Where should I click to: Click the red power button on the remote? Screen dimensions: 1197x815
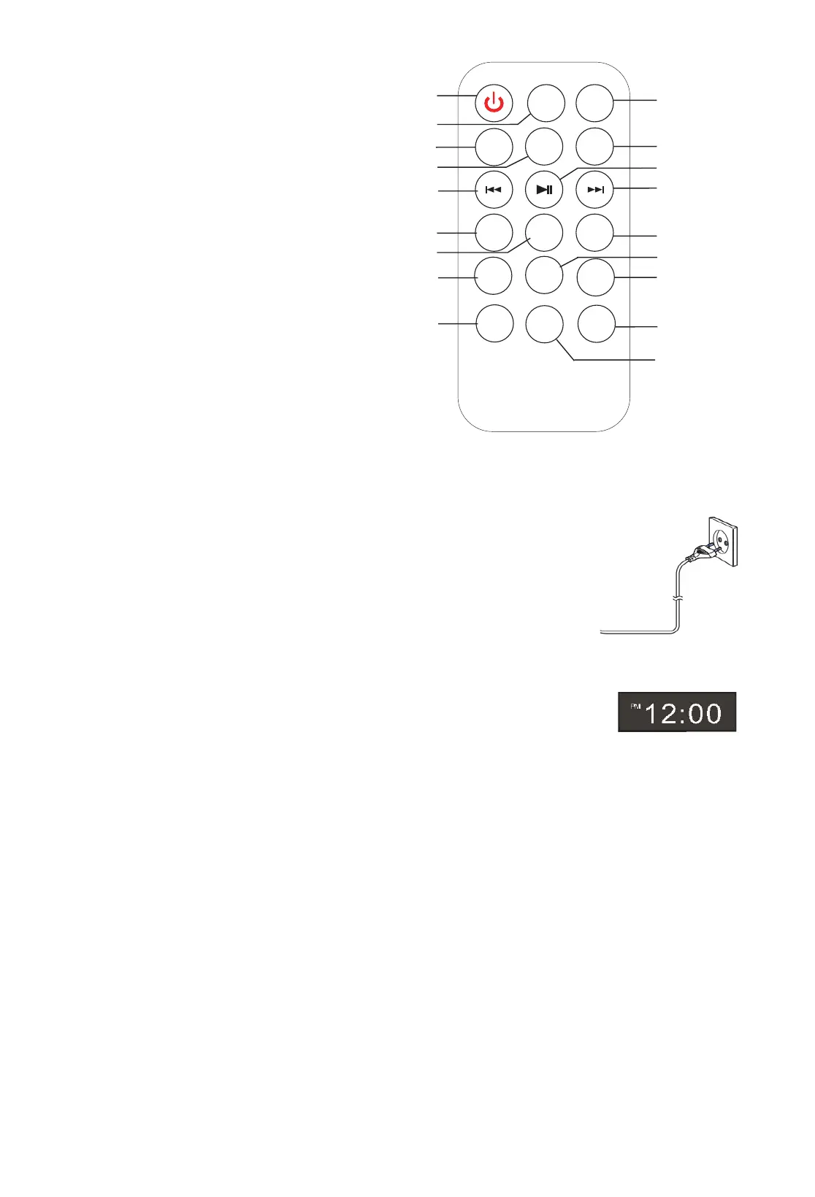(x=494, y=103)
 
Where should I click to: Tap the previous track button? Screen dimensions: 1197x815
(x=494, y=190)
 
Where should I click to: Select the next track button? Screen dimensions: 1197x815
(x=595, y=190)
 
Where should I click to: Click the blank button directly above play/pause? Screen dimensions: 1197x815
(x=544, y=147)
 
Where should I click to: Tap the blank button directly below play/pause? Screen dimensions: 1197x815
(x=544, y=233)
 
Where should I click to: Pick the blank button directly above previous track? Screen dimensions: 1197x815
(x=494, y=147)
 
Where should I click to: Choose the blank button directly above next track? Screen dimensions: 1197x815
(x=594, y=147)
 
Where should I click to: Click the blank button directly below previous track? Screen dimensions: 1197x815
(x=494, y=233)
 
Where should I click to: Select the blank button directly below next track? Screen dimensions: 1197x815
(x=594, y=233)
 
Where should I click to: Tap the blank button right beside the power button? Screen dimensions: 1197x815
(x=546, y=104)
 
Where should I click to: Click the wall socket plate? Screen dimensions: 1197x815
(x=723, y=541)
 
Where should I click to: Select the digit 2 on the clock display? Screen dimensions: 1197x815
(x=667, y=714)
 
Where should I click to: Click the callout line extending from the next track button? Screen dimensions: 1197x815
(x=635, y=189)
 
